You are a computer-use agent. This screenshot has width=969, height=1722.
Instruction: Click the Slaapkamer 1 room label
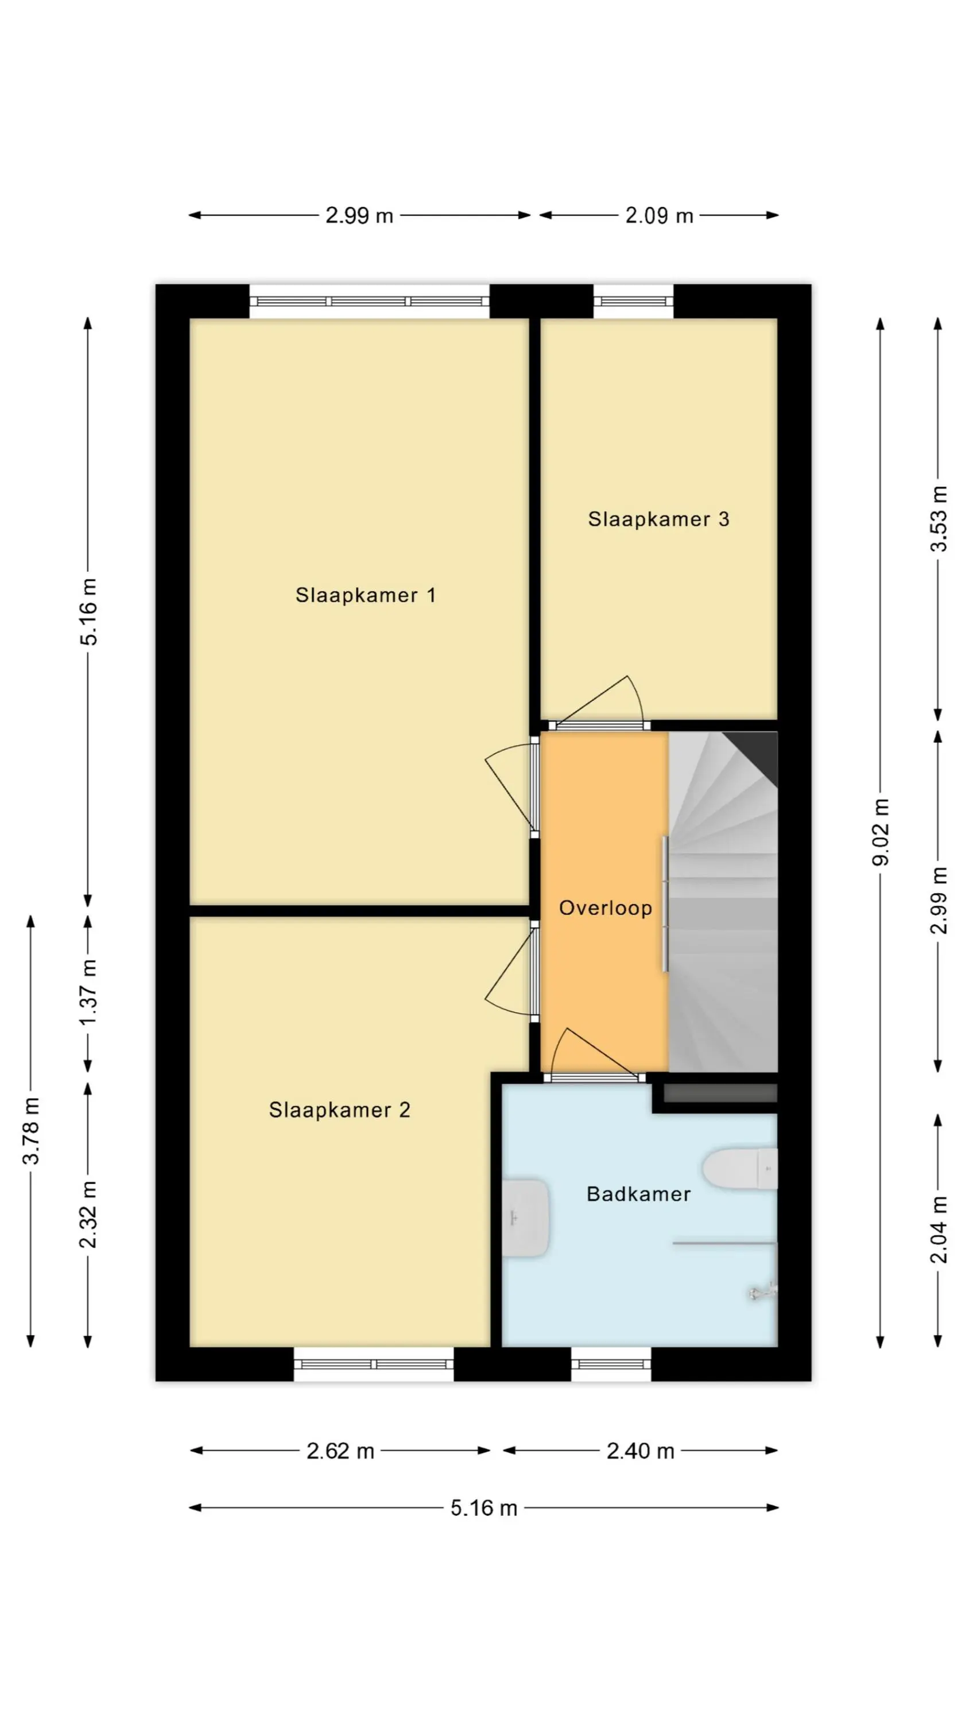coord(365,595)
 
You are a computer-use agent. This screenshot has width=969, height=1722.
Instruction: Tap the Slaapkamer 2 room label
coord(339,1110)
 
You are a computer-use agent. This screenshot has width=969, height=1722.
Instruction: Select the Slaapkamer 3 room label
coord(658,519)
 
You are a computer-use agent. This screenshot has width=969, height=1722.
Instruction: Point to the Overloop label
coord(605,908)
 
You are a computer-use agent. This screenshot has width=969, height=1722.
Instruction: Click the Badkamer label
coord(638,1194)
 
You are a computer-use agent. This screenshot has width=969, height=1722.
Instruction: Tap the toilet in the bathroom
coord(739,1169)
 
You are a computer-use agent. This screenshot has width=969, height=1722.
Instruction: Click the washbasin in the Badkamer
coord(526,1218)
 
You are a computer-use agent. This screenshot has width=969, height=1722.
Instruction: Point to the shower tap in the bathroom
coord(763,1291)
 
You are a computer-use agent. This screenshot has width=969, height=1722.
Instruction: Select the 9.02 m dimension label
coord(881,832)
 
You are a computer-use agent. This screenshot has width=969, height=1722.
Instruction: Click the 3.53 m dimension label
coord(938,519)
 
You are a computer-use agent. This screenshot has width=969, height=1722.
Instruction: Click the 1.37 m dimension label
coord(88,992)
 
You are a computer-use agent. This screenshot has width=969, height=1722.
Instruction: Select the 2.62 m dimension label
coord(340,1450)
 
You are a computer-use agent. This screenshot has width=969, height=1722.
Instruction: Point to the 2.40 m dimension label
coord(640,1450)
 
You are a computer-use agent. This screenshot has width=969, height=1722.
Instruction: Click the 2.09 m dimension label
coord(658,215)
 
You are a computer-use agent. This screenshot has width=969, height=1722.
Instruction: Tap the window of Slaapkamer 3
coord(633,301)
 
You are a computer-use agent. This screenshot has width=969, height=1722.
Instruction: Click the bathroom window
coord(611,1364)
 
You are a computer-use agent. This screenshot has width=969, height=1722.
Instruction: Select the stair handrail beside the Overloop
coord(665,904)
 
